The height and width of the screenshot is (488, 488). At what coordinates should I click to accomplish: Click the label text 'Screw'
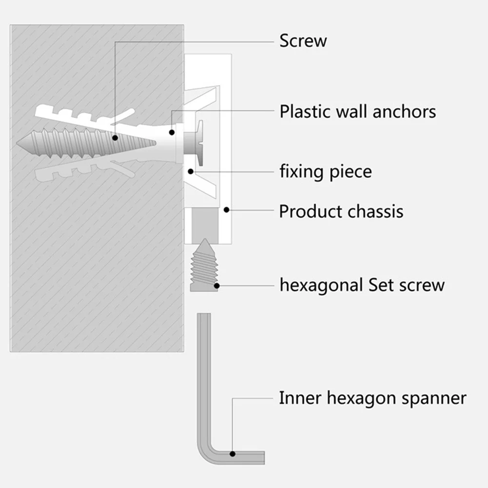(x=303, y=41)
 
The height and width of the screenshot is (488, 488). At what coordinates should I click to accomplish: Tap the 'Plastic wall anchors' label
(x=357, y=112)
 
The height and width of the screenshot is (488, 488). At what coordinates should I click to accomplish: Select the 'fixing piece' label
(x=325, y=172)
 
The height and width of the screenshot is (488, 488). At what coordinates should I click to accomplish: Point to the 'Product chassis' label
(x=341, y=212)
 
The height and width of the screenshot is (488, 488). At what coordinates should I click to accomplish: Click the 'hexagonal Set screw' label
(x=362, y=285)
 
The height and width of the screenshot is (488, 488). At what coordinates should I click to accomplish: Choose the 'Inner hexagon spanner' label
(x=372, y=398)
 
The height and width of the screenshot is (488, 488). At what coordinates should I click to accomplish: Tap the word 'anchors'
(x=404, y=112)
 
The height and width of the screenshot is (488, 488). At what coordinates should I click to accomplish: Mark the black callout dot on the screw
(x=116, y=138)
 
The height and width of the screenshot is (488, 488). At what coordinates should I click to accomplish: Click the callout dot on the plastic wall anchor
(x=172, y=132)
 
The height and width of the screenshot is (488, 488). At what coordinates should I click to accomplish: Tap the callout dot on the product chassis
(x=226, y=210)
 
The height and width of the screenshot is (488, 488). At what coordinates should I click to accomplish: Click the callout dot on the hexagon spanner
(x=233, y=454)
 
